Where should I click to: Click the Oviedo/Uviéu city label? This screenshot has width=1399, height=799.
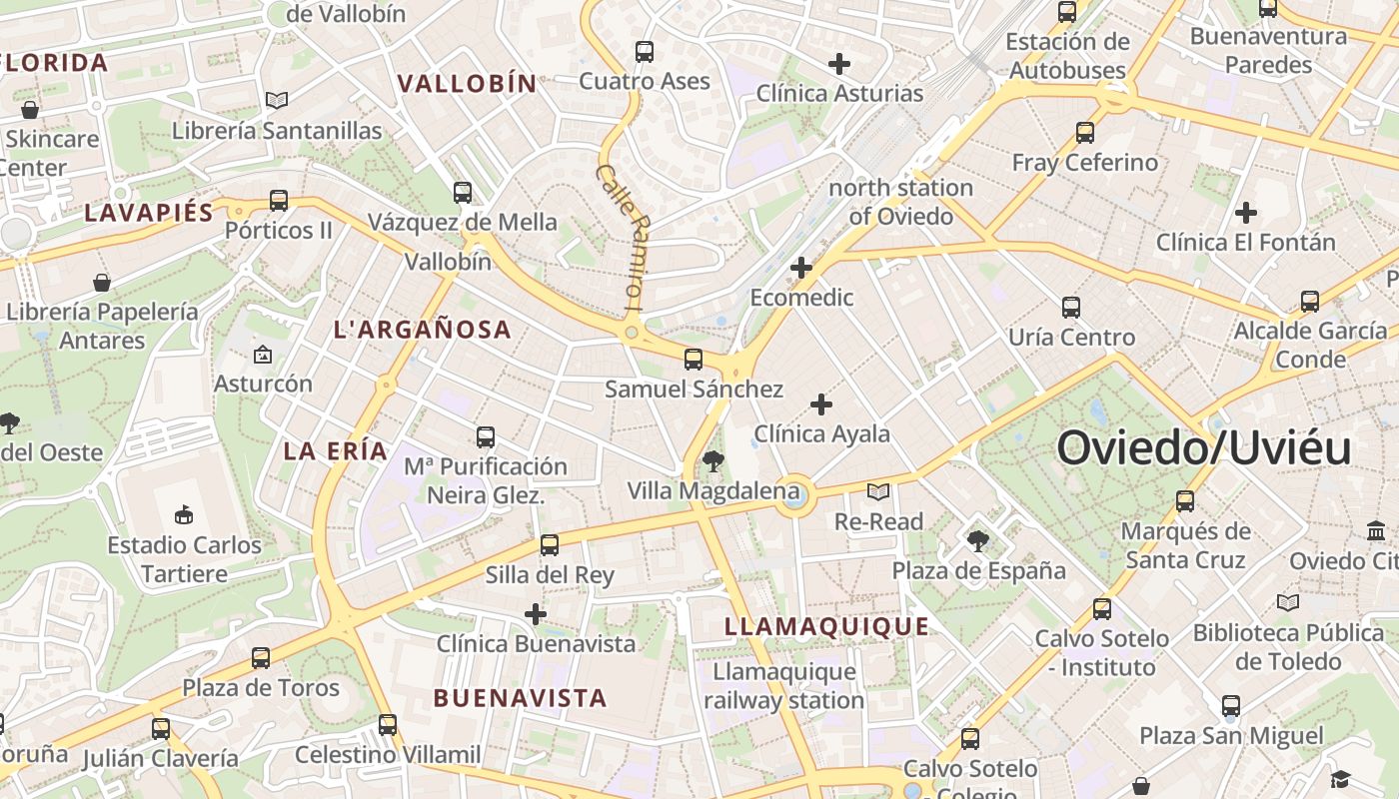pyautogui.click(x=1203, y=447)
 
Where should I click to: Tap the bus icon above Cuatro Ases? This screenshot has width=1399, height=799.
pyautogui.click(x=645, y=51)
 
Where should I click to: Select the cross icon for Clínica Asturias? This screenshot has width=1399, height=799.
pyautogui.click(x=839, y=64)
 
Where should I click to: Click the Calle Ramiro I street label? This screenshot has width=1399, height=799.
pyautogui.click(x=621, y=236)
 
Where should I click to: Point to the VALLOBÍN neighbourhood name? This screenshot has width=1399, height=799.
pyautogui.click(x=468, y=84)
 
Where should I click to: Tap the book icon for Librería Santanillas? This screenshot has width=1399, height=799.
pyautogui.click(x=277, y=101)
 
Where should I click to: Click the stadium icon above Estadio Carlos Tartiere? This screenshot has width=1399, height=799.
pyautogui.click(x=184, y=515)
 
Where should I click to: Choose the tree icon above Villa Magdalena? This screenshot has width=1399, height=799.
pyautogui.click(x=712, y=460)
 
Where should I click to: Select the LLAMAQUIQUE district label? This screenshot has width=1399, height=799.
pyautogui.click(x=826, y=627)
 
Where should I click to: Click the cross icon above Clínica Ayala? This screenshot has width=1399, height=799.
pyautogui.click(x=820, y=404)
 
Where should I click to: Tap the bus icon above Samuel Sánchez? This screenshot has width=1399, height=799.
pyautogui.click(x=694, y=360)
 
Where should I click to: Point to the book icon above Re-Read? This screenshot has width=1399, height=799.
pyautogui.click(x=878, y=491)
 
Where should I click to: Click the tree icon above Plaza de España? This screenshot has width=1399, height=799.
pyautogui.click(x=978, y=541)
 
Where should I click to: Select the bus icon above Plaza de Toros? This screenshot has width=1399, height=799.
pyautogui.click(x=261, y=657)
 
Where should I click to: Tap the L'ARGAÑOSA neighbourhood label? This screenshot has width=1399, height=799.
pyautogui.click(x=423, y=330)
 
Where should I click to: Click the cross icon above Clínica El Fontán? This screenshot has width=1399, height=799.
pyautogui.click(x=1245, y=213)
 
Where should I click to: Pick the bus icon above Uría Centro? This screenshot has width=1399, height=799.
pyautogui.click(x=1071, y=307)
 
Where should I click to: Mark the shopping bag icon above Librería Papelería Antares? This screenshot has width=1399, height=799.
pyautogui.click(x=101, y=283)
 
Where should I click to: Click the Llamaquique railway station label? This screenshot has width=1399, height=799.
pyautogui.click(x=784, y=686)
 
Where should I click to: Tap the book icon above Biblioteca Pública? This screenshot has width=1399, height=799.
pyautogui.click(x=1288, y=602)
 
